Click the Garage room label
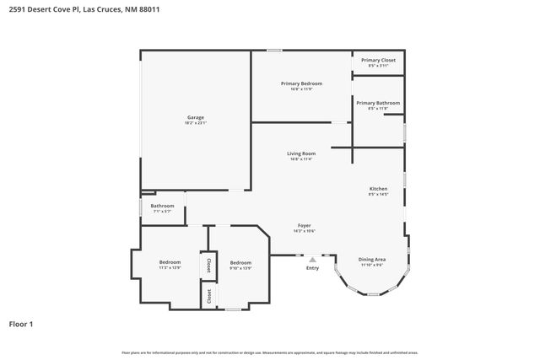coord(195,117)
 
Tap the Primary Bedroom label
coord(301,83)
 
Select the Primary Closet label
coord(377,60)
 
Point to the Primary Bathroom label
coord(377,103)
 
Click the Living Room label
coord(300,153)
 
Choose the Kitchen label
coord(377,188)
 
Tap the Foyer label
coord(305,225)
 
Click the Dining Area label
coord(372,259)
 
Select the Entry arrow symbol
coord(313,260)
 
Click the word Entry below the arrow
coord(313,268)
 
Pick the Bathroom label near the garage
coord(162,206)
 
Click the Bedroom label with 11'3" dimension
coord(170,262)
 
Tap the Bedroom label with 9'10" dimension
coord(240,262)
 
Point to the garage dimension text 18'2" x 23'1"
coord(195,123)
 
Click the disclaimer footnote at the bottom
coord(269,352)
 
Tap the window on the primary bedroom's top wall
coord(274,51)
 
